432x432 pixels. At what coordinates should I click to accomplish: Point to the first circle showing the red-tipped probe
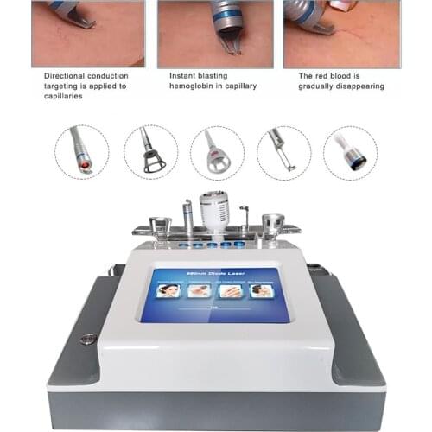[81, 152]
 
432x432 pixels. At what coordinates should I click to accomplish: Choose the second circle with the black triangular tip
[150, 152]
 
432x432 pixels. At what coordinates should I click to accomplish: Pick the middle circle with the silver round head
[217, 152]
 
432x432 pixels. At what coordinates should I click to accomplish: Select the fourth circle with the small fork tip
[283, 152]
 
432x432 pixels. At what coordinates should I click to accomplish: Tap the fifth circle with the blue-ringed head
[350, 152]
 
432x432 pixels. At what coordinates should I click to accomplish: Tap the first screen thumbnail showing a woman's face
[168, 292]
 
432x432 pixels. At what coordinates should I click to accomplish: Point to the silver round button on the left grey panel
[86, 339]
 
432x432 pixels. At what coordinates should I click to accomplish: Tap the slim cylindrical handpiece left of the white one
[187, 217]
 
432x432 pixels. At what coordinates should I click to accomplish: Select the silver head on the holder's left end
[158, 227]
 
